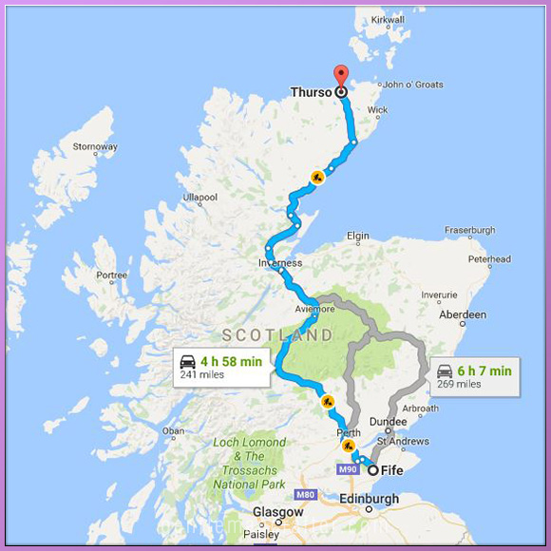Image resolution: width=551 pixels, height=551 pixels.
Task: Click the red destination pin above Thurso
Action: [x=340, y=76]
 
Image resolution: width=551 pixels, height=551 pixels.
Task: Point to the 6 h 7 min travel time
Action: [x=484, y=370]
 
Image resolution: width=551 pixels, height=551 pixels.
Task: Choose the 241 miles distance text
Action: [x=202, y=375]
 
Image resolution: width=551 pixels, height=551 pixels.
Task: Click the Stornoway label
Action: [x=95, y=147]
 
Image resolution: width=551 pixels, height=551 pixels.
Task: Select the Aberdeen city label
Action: [x=462, y=314]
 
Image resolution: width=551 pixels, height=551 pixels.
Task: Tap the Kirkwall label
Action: [x=388, y=19]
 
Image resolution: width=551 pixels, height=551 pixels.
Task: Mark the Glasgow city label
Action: [x=278, y=512]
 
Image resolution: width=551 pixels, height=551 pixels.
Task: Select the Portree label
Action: [x=111, y=275]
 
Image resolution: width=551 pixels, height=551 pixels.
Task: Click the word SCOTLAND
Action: [x=276, y=335]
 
